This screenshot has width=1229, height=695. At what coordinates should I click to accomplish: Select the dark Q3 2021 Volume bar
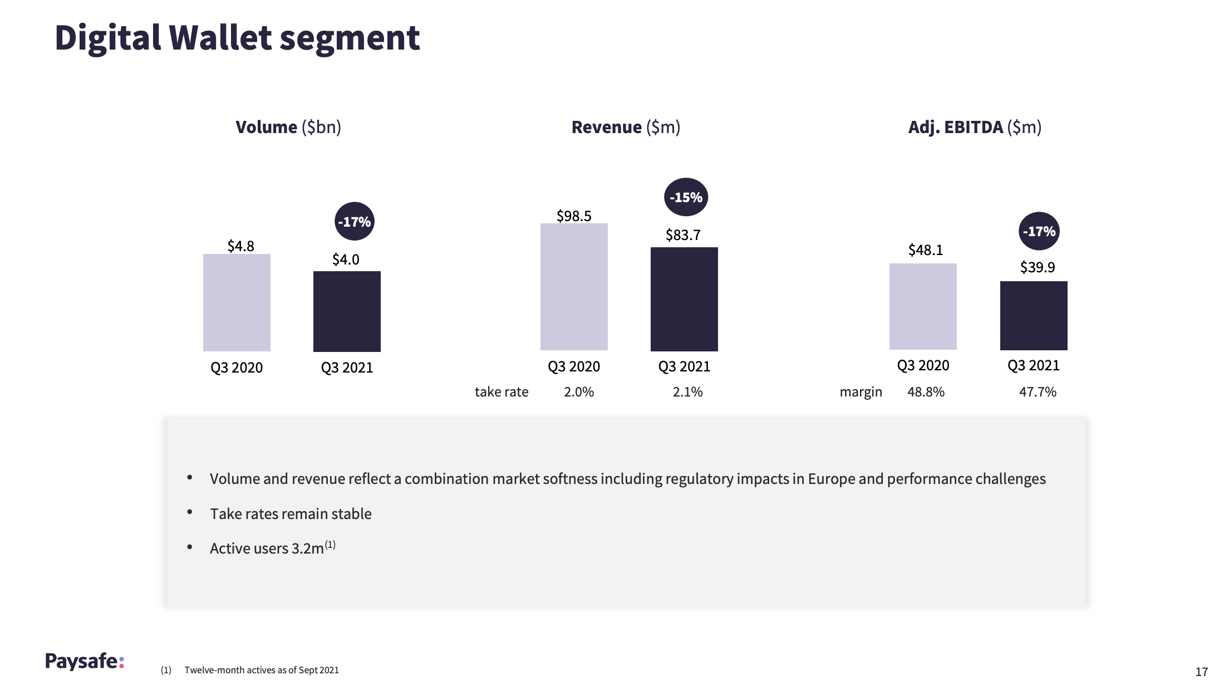pos(347,311)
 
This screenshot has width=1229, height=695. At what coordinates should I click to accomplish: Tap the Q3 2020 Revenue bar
pos(574,287)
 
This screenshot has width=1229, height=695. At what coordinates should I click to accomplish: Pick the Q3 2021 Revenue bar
pos(684,299)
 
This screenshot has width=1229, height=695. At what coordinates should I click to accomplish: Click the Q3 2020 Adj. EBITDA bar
pos(923,306)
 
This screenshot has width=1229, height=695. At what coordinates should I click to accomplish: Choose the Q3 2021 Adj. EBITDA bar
pos(1034,316)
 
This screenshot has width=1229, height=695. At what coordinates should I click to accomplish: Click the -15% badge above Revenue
pos(686,197)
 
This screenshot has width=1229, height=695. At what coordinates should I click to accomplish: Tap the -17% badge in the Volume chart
pos(354,222)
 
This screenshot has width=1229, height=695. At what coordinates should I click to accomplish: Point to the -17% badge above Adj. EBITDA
pos(1039,231)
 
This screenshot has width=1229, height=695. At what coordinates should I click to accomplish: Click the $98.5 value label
pos(574,216)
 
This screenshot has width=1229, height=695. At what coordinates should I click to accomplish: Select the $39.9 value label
pos(1037,267)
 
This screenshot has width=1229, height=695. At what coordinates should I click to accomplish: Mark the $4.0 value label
pos(346,260)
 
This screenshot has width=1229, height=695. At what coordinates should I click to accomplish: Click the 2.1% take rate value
pos(687,392)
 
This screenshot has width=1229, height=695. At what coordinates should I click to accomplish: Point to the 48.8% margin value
pos(926,392)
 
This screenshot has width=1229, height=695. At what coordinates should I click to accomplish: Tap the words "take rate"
pos(502,392)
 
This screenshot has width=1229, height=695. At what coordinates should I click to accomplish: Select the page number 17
pos(1201,672)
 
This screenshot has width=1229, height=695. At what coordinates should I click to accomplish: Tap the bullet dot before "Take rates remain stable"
pos(190,512)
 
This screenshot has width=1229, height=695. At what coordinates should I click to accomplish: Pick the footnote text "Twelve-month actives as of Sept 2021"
pos(262,670)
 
